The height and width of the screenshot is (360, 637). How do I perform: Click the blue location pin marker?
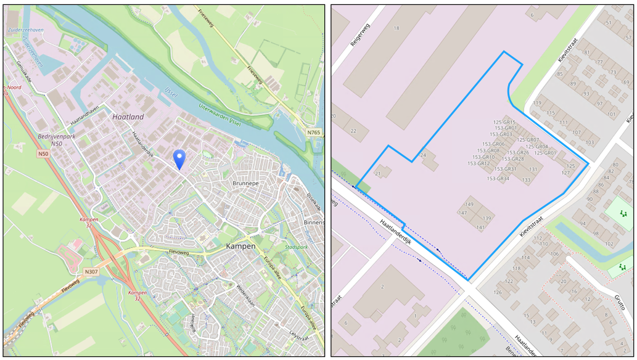pos(179,158)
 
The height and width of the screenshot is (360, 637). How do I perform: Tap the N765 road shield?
pos(314,133)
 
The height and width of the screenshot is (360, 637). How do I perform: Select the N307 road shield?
pos(91,271)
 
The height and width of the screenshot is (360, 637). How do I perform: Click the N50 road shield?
pos(43,153)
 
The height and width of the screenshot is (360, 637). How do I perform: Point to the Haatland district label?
pos(128,117)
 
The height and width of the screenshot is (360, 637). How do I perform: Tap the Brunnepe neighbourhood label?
pos(249,184)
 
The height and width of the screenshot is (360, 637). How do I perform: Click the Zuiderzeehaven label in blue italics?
pos(25,30)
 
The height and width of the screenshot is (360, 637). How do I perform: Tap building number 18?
pos(397,28)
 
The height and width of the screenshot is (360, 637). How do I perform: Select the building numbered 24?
pos(423,155)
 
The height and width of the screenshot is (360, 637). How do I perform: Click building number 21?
pos(378,174)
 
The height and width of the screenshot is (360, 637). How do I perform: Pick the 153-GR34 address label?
pos(498,179)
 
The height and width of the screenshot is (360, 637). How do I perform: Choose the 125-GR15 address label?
pos(504,122)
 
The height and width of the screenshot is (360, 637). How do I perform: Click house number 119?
pos(537,103)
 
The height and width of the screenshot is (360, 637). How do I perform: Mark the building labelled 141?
pos(480,227)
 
